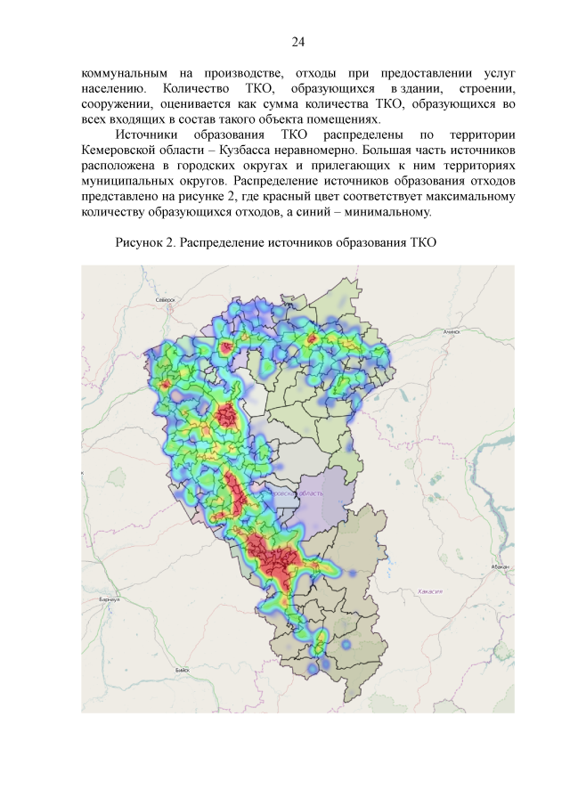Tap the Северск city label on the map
(x=165, y=301)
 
